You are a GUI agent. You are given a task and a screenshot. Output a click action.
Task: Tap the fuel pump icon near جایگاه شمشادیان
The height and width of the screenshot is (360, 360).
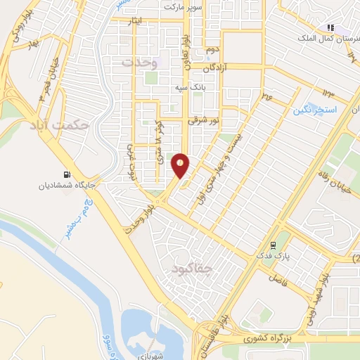pyautogui.click(x=67, y=175)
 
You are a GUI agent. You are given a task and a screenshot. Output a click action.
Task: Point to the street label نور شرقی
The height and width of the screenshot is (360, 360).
pyautogui.click(x=203, y=122)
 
